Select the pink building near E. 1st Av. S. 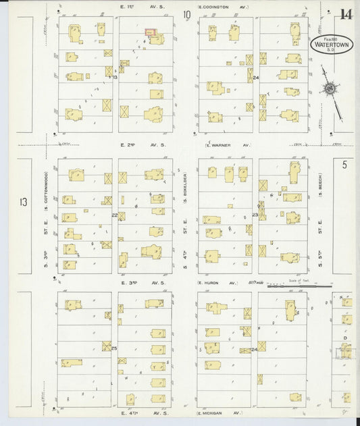(149, 31)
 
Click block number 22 (115, 215)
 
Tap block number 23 (255, 215)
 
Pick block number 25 (114, 348)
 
